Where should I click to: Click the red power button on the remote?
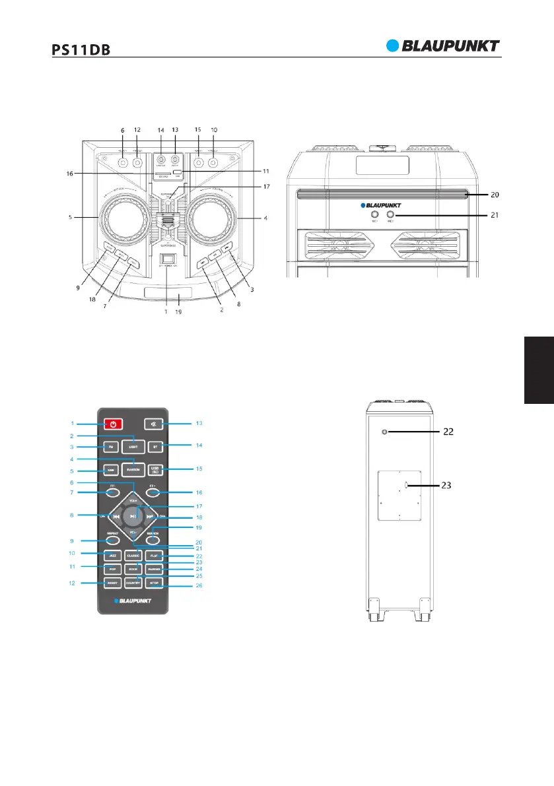tap(113, 423)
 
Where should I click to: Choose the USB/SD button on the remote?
tap(156, 471)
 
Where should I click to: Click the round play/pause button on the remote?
tap(133, 516)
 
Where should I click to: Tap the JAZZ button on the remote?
tap(113, 556)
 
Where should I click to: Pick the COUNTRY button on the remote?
tap(134, 583)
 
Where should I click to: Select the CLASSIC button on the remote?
tap(134, 556)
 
